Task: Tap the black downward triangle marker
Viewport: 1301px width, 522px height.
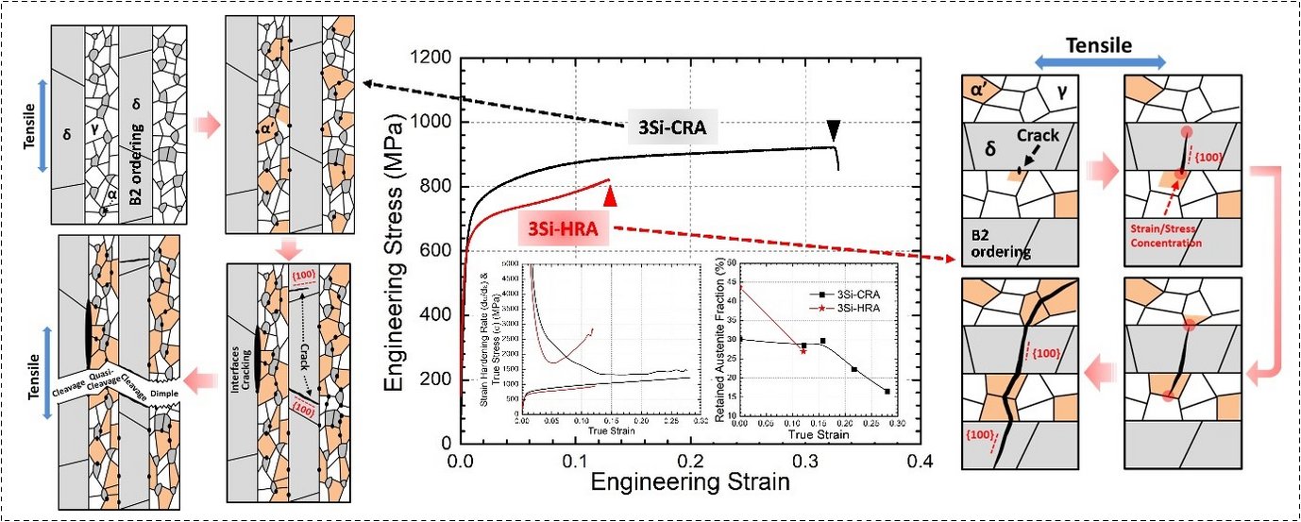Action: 833,128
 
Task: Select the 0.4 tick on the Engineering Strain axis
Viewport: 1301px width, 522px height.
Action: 921,462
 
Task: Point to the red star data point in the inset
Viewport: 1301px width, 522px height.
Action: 803,350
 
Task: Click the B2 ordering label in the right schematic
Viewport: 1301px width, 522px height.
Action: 991,244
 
